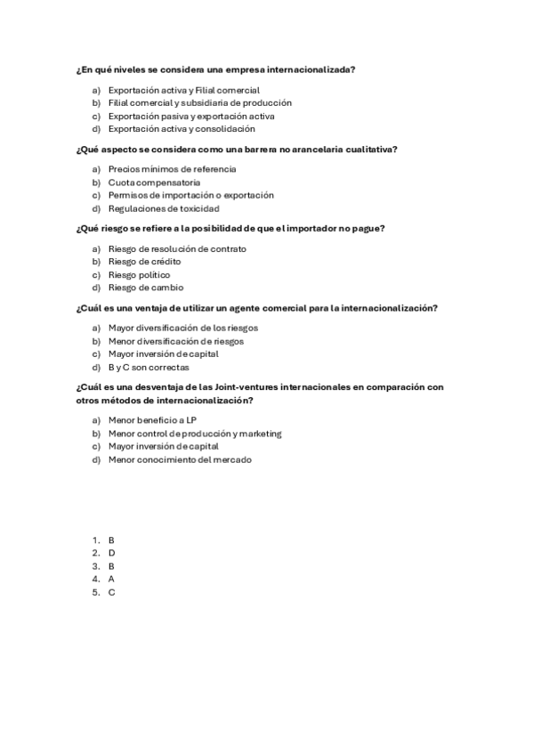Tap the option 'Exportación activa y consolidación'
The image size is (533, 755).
point(181,129)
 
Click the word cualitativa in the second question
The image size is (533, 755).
point(368,149)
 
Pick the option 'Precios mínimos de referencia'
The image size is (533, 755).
point(172,169)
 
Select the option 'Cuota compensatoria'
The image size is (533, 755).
point(154,183)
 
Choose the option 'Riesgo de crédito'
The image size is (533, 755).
point(144,262)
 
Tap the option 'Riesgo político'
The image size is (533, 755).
point(139,275)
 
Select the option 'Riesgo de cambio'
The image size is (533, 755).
point(146,288)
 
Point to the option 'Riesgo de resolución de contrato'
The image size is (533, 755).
point(177,248)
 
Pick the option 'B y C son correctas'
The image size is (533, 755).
point(149,367)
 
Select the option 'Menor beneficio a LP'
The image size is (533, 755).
point(152,420)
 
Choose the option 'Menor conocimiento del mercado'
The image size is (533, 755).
point(179,459)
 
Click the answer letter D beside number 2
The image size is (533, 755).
point(111,553)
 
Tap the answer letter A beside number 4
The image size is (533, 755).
point(111,579)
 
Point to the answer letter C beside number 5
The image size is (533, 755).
point(111,592)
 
